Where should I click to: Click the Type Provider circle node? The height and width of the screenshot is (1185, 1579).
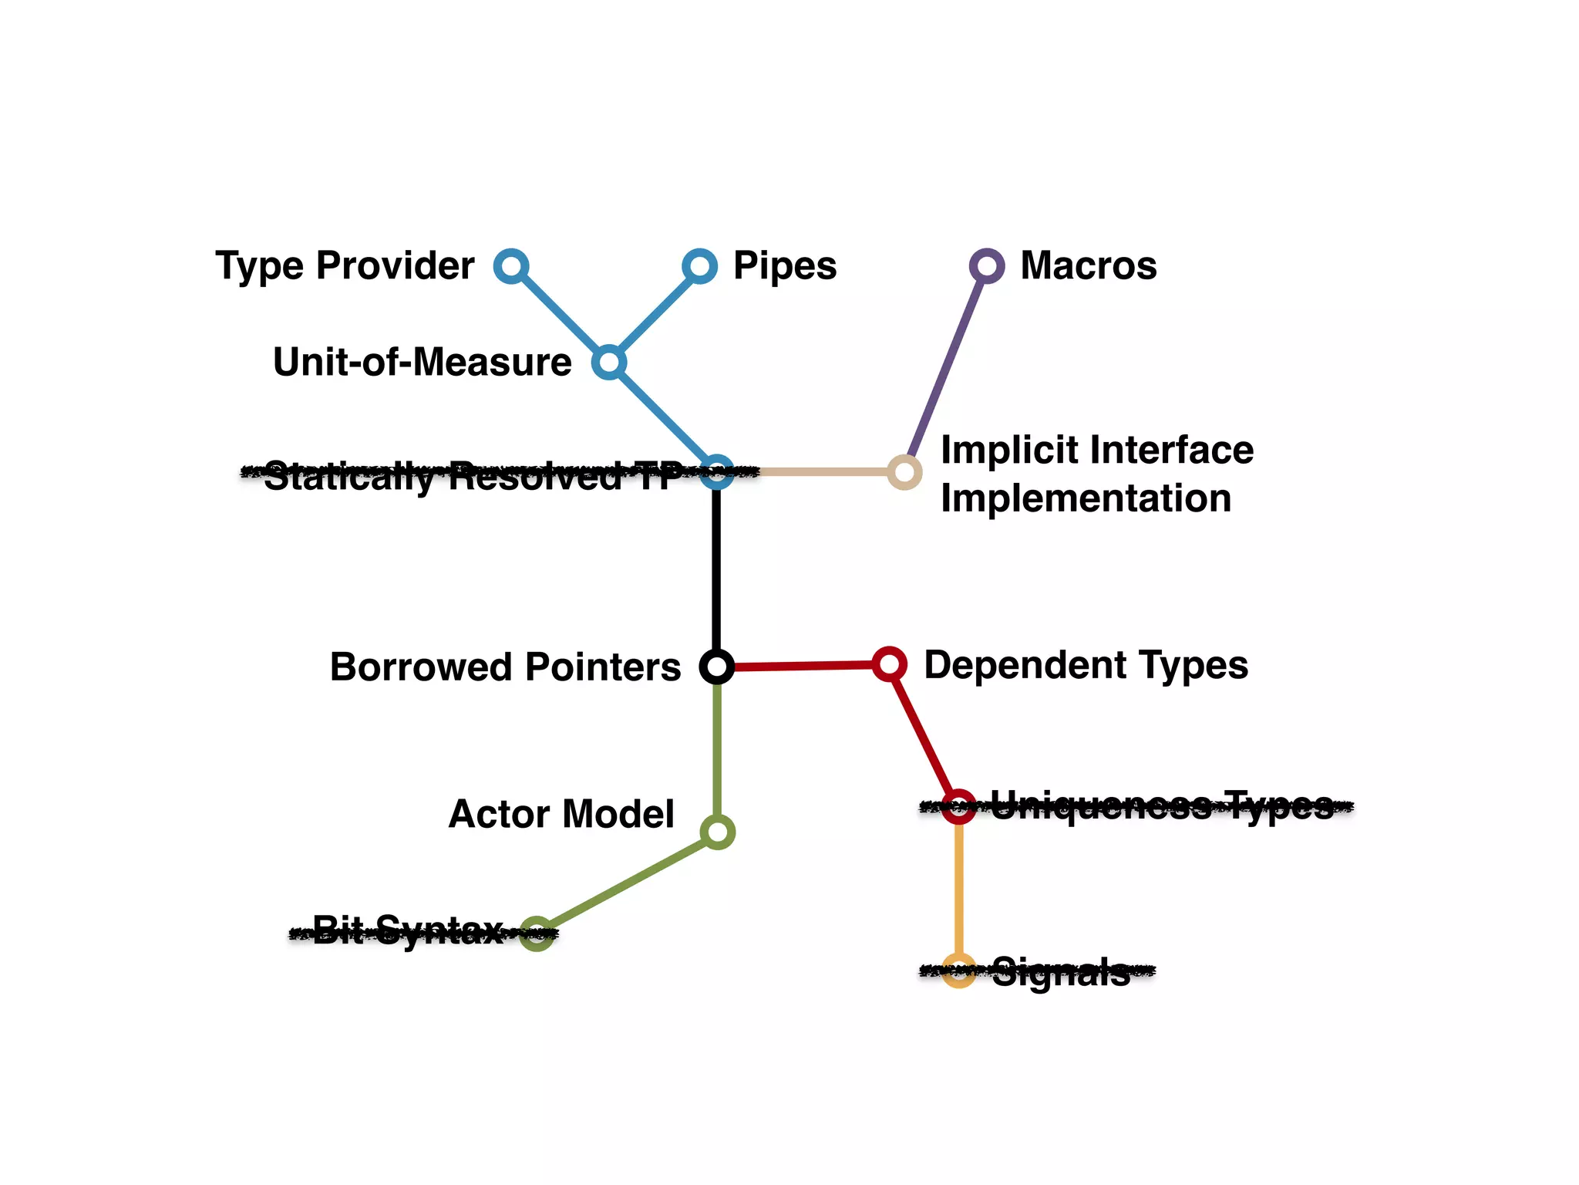(x=511, y=266)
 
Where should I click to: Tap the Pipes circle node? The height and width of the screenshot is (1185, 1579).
(x=699, y=266)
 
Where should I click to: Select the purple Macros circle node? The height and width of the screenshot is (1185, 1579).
(x=986, y=266)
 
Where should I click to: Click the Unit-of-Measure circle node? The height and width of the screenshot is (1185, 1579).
(x=609, y=362)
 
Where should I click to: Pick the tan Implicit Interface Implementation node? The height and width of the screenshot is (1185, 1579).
(x=904, y=472)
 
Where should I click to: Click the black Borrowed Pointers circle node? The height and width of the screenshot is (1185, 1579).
(x=717, y=666)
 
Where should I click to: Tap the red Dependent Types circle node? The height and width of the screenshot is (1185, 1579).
(x=889, y=664)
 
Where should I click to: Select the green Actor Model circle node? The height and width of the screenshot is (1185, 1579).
(x=718, y=832)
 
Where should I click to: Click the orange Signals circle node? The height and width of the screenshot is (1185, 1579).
(x=959, y=971)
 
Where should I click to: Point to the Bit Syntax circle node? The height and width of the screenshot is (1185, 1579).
(x=537, y=934)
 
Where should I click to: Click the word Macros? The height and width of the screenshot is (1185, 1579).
(x=1088, y=266)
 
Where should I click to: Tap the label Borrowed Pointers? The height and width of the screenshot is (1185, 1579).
(x=505, y=667)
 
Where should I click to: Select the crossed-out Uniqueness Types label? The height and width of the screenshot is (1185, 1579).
(x=1161, y=806)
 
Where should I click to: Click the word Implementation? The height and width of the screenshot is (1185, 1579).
(x=1086, y=498)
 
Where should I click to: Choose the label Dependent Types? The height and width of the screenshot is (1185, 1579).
(x=1086, y=665)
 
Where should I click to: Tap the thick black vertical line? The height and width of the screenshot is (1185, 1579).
(x=717, y=571)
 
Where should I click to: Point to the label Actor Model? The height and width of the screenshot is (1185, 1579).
(x=561, y=815)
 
